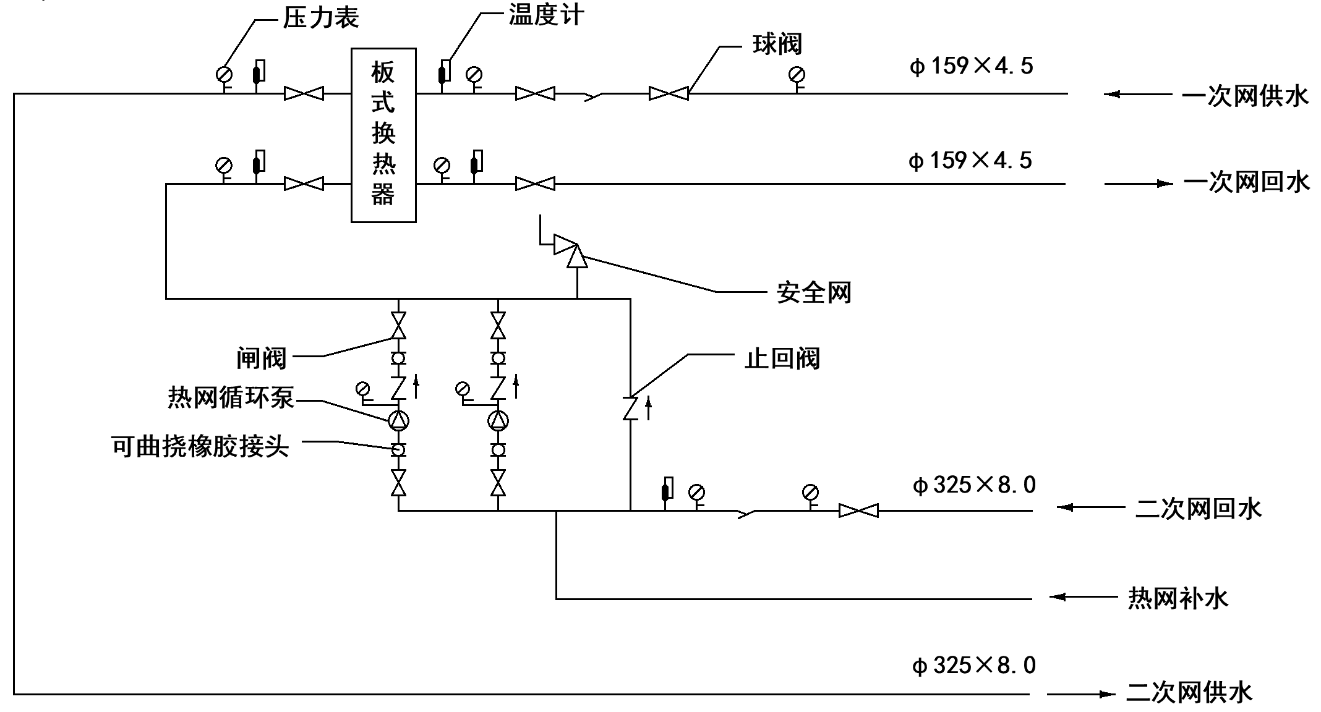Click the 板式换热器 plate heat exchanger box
(383, 135)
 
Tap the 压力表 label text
(321, 17)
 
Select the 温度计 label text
(546, 14)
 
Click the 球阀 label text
(777, 44)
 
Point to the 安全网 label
(814, 292)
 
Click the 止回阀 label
(782, 358)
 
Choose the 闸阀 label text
(262, 358)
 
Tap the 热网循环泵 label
(231, 397)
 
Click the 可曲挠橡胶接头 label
(200, 446)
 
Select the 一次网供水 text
(1246, 96)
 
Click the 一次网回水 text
(1247, 182)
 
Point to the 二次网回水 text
(1199, 509)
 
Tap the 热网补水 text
(1178, 598)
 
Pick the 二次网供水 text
(1189, 692)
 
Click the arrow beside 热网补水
(1083, 596)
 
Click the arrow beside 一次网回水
(1139, 184)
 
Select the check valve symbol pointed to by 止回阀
(630, 408)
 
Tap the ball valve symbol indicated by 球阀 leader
(669, 94)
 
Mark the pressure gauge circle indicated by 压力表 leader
(224, 75)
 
